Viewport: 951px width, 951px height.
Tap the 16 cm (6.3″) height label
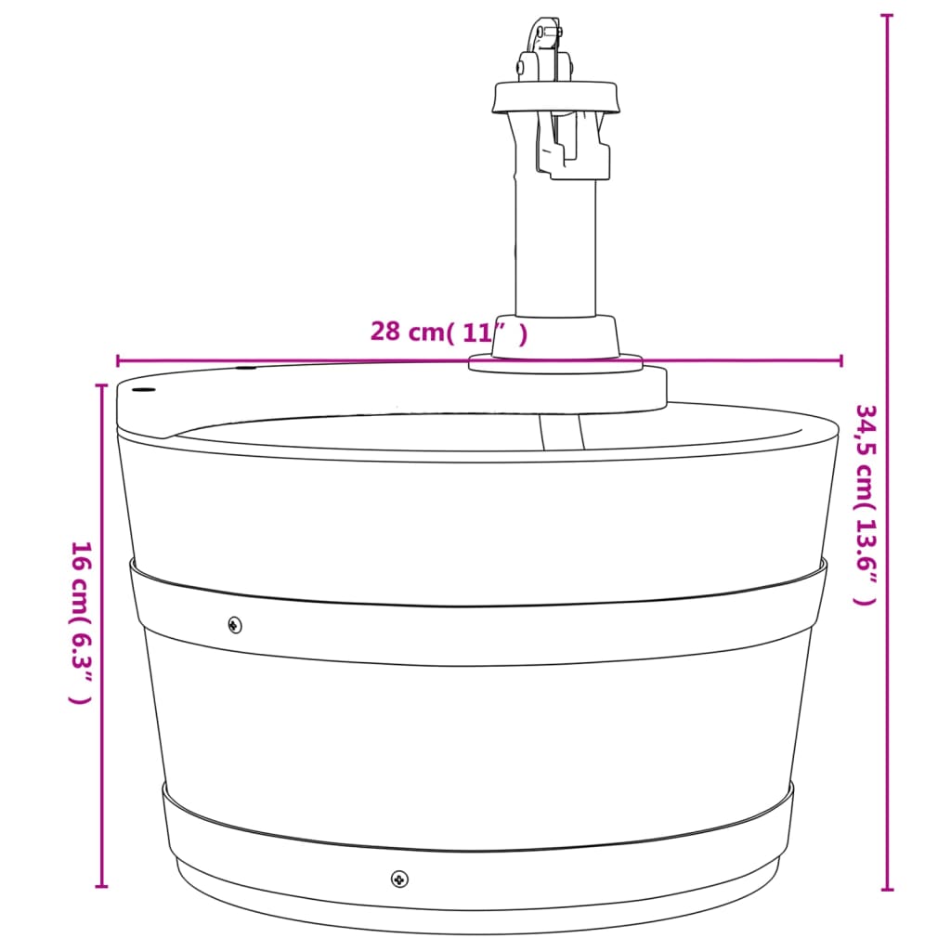[x=82, y=621]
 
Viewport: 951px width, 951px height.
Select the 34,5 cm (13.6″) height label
[x=865, y=504]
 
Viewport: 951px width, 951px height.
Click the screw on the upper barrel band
[x=235, y=624]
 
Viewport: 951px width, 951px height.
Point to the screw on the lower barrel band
[x=399, y=877]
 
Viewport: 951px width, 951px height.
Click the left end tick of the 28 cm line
[x=118, y=360]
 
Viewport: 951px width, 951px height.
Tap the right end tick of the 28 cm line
[x=841, y=360]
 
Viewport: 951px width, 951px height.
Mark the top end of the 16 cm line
[x=102, y=384]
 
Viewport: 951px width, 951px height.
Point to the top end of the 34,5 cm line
[x=888, y=17]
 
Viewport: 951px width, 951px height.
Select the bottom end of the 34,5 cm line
[x=888, y=890]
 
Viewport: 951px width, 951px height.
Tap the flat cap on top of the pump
[x=555, y=97]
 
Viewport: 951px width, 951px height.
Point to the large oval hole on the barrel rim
[x=143, y=389]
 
